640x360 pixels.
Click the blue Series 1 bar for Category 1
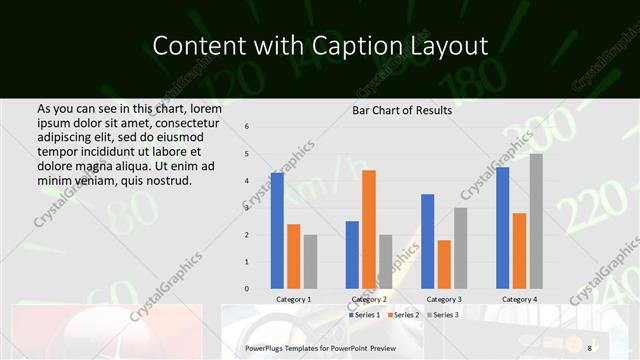[x=277, y=231]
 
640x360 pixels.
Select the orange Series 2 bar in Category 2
[x=369, y=229]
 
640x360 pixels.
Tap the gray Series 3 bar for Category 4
[x=536, y=221]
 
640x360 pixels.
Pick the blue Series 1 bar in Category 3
[x=428, y=241]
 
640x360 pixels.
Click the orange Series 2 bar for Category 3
[x=444, y=264]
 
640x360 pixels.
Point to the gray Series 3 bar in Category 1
[x=310, y=261]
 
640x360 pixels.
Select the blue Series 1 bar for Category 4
[x=502, y=227]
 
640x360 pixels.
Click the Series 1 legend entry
[x=365, y=314]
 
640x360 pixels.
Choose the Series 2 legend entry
[x=403, y=314]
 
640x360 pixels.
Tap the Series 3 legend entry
[x=442, y=314]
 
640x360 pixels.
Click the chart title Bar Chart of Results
[x=402, y=110]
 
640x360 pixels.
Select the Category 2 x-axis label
[x=369, y=299]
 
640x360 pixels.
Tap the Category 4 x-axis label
[x=519, y=299]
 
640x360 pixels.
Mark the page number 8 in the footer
[x=590, y=347]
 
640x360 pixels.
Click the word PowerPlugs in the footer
[x=267, y=347]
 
